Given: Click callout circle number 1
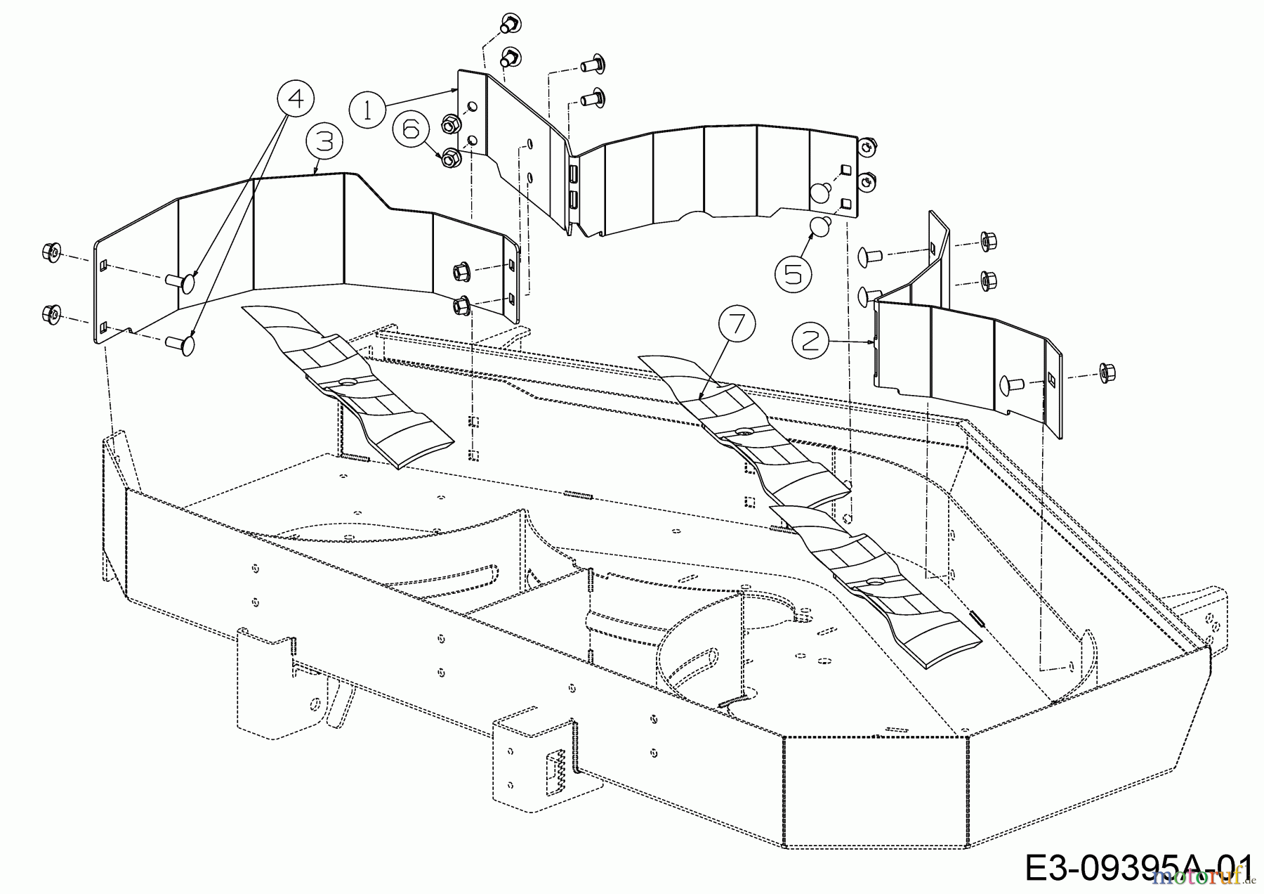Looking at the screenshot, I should point(367,110).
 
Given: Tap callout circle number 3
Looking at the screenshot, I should point(324,141).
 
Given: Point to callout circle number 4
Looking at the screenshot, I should point(296,99).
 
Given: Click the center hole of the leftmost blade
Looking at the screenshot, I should point(345,382).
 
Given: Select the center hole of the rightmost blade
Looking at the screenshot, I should point(875,582).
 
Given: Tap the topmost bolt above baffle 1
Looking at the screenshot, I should point(506,25).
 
